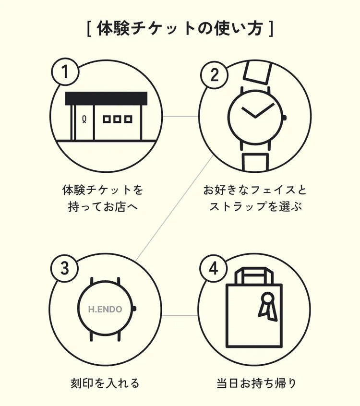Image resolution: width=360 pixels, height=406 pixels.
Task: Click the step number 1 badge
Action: coord(65,72)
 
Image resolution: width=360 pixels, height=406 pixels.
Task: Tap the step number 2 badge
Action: coord(215,75)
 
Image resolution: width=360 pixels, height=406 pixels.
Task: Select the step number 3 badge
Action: coord(64,268)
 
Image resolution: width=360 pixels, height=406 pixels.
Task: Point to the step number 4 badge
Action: coord(214,268)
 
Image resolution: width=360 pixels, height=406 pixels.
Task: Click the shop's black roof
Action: coord(106,98)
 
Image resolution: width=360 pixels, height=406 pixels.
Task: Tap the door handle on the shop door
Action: coord(84,119)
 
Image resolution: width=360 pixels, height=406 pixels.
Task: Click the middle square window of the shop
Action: coord(117,119)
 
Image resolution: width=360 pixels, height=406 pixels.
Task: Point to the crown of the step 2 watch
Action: coord(284,118)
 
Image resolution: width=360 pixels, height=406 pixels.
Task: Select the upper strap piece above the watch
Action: coord(257,72)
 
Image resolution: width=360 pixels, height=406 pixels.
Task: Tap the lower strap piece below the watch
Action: coord(255,162)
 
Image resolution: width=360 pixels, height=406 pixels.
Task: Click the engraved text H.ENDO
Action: coord(105,309)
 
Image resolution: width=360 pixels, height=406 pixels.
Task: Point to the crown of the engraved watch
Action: coord(134,309)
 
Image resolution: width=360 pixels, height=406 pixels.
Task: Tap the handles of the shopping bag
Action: coord(254,276)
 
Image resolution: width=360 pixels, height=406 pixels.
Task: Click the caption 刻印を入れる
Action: coord(105,383)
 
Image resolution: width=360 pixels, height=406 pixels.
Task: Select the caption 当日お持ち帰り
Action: coord(256,383)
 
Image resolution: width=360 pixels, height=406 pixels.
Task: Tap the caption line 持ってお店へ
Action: coord(103,206)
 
